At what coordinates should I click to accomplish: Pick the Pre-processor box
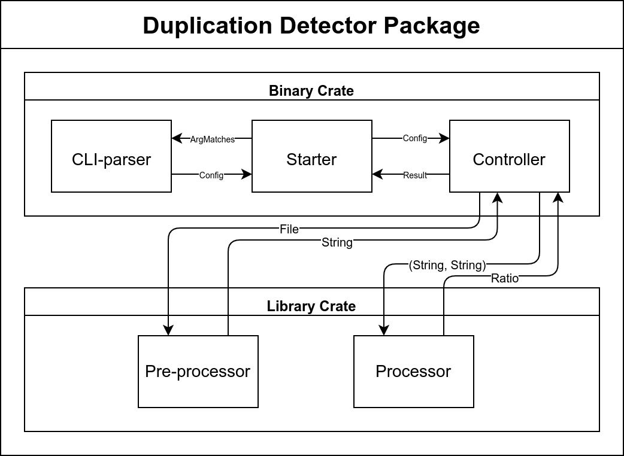198,371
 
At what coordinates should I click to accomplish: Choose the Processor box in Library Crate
413,371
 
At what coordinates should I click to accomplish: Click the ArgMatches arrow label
213,139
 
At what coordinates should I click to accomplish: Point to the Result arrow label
415,175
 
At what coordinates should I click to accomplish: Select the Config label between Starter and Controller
414,138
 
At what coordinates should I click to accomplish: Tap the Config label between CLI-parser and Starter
211,175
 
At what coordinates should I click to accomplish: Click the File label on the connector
289,229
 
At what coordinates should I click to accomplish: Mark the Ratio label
505,278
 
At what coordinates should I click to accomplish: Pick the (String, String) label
447,265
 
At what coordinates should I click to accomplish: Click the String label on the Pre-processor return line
337,242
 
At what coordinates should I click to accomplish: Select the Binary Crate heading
311,91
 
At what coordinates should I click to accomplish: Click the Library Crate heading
311,306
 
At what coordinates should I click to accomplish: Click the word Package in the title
432,26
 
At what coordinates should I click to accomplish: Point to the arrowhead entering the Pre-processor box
168,330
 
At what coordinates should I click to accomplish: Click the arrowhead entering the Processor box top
384,330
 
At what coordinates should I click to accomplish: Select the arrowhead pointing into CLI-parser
177,138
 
